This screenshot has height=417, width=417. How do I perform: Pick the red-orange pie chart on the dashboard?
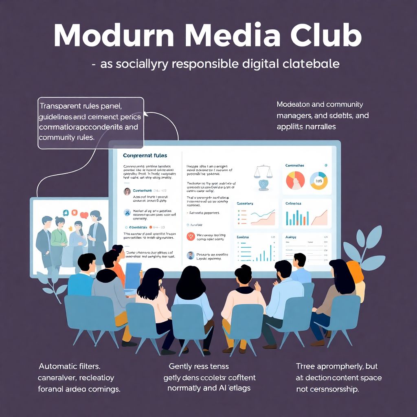[x=295, y=180]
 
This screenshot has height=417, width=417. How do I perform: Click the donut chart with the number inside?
[x=319, y=180]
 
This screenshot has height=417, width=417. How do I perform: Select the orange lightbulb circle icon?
[x=191, y=236]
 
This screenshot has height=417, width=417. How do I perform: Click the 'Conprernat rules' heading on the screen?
[x=145, y=156]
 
